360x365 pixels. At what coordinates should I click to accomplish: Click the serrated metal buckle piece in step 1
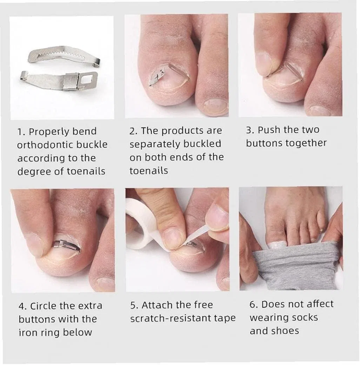tap(64, 56)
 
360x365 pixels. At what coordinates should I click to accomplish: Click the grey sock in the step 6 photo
tap(296, 265)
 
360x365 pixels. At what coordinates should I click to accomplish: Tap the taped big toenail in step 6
tap(277, 244)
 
